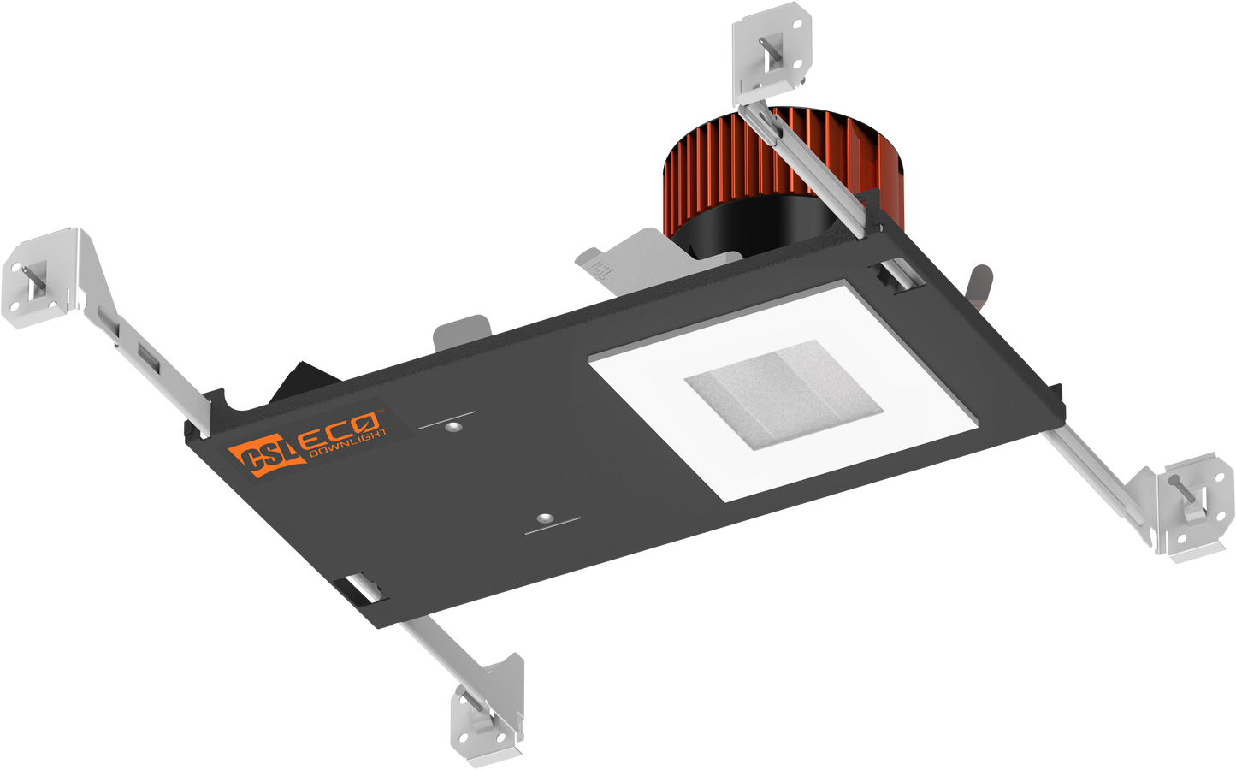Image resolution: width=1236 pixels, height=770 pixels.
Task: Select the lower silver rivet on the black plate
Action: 543,518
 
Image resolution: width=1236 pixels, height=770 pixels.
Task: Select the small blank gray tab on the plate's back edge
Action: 462,329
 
